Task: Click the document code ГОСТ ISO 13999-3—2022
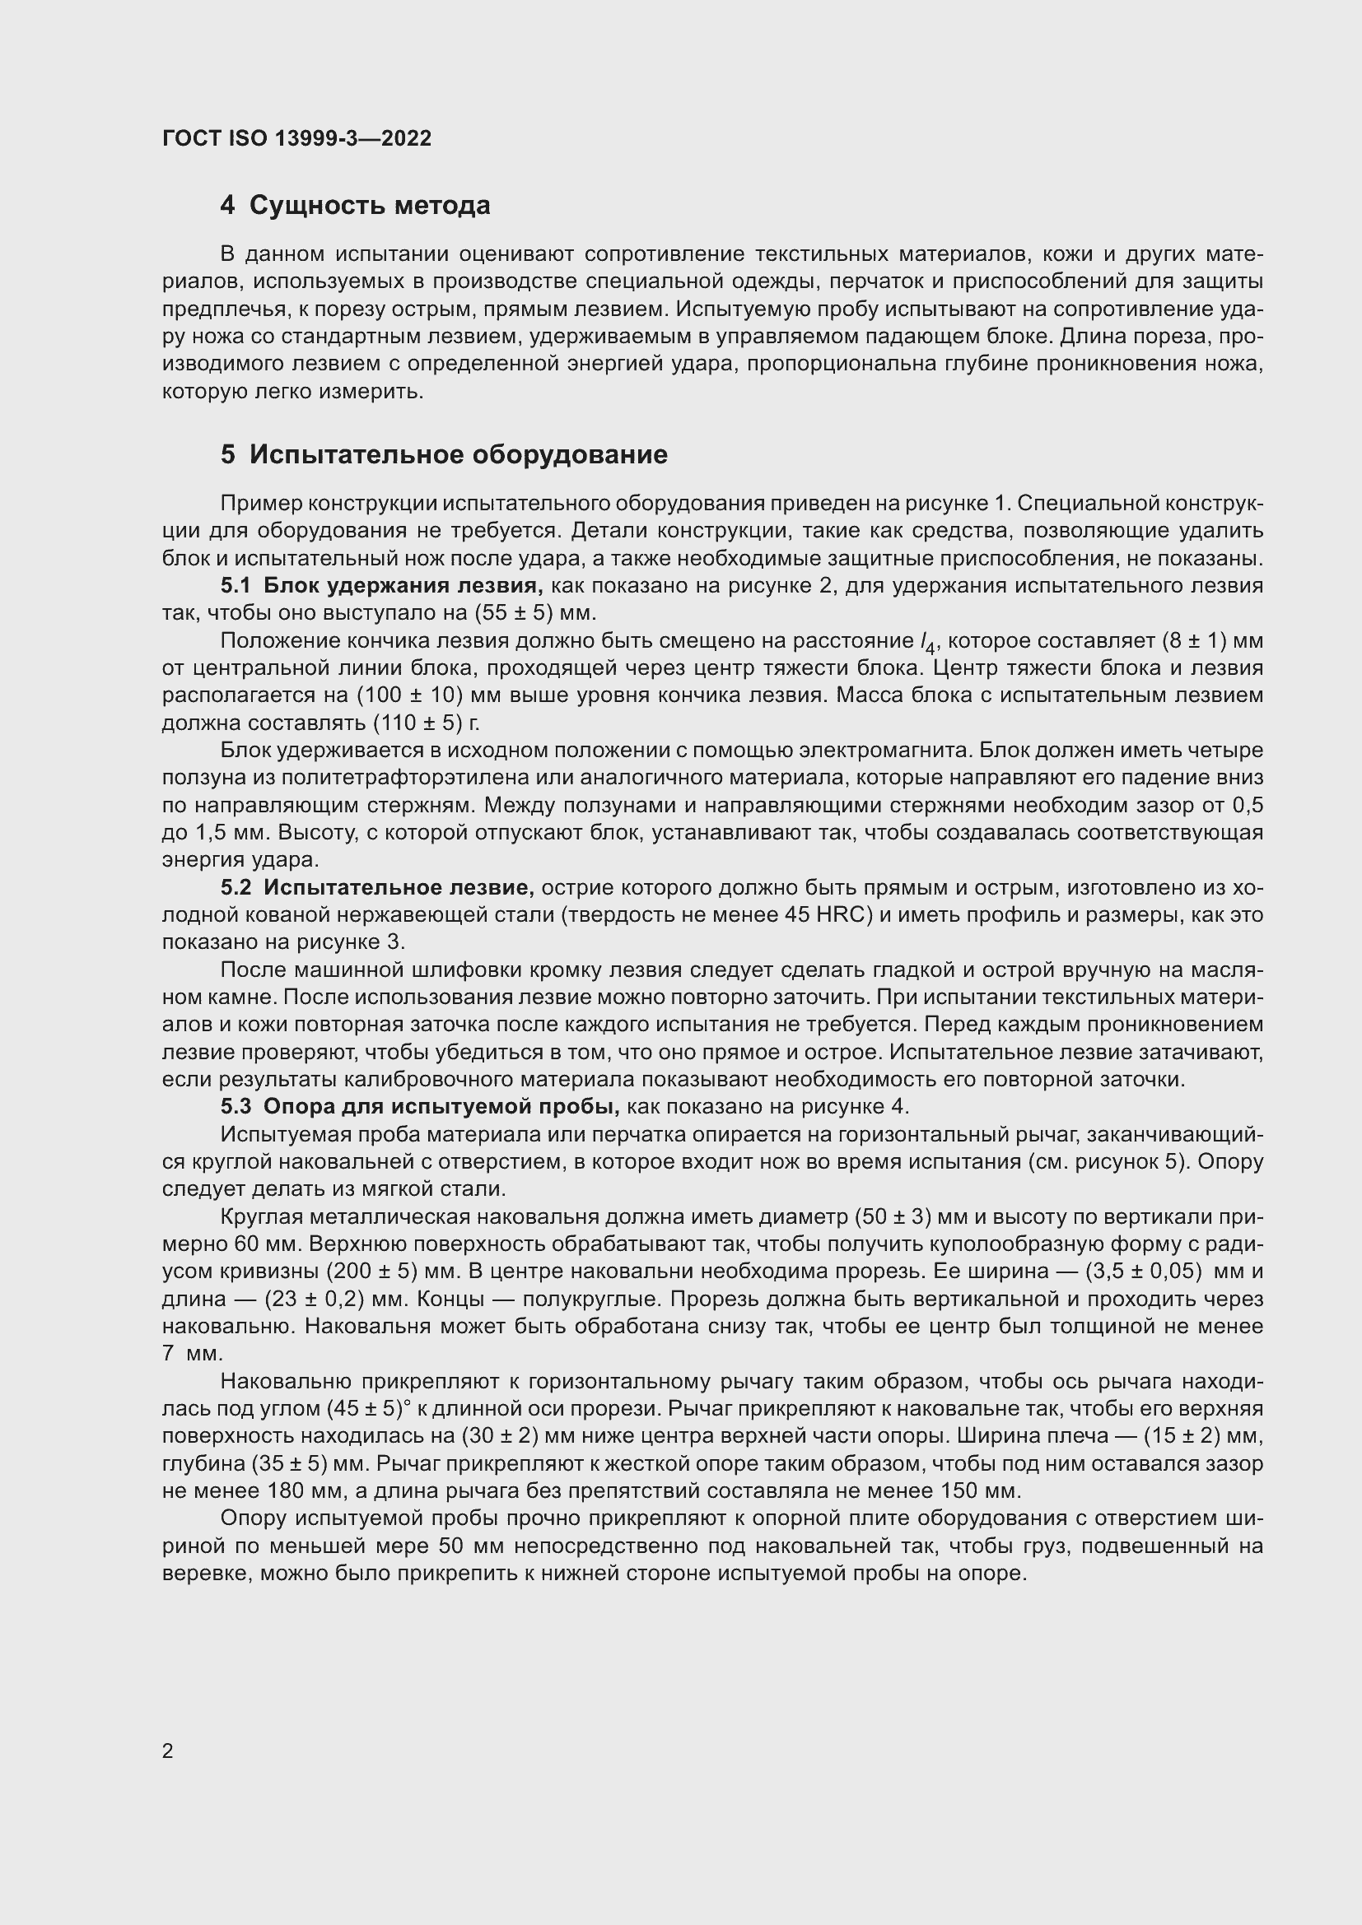coord(296,139)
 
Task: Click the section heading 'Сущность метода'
coord(369,206)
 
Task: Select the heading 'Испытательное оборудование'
coord(458,454)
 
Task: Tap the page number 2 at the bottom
coord(168,1751)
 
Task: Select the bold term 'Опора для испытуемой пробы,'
coord(441,1107)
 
